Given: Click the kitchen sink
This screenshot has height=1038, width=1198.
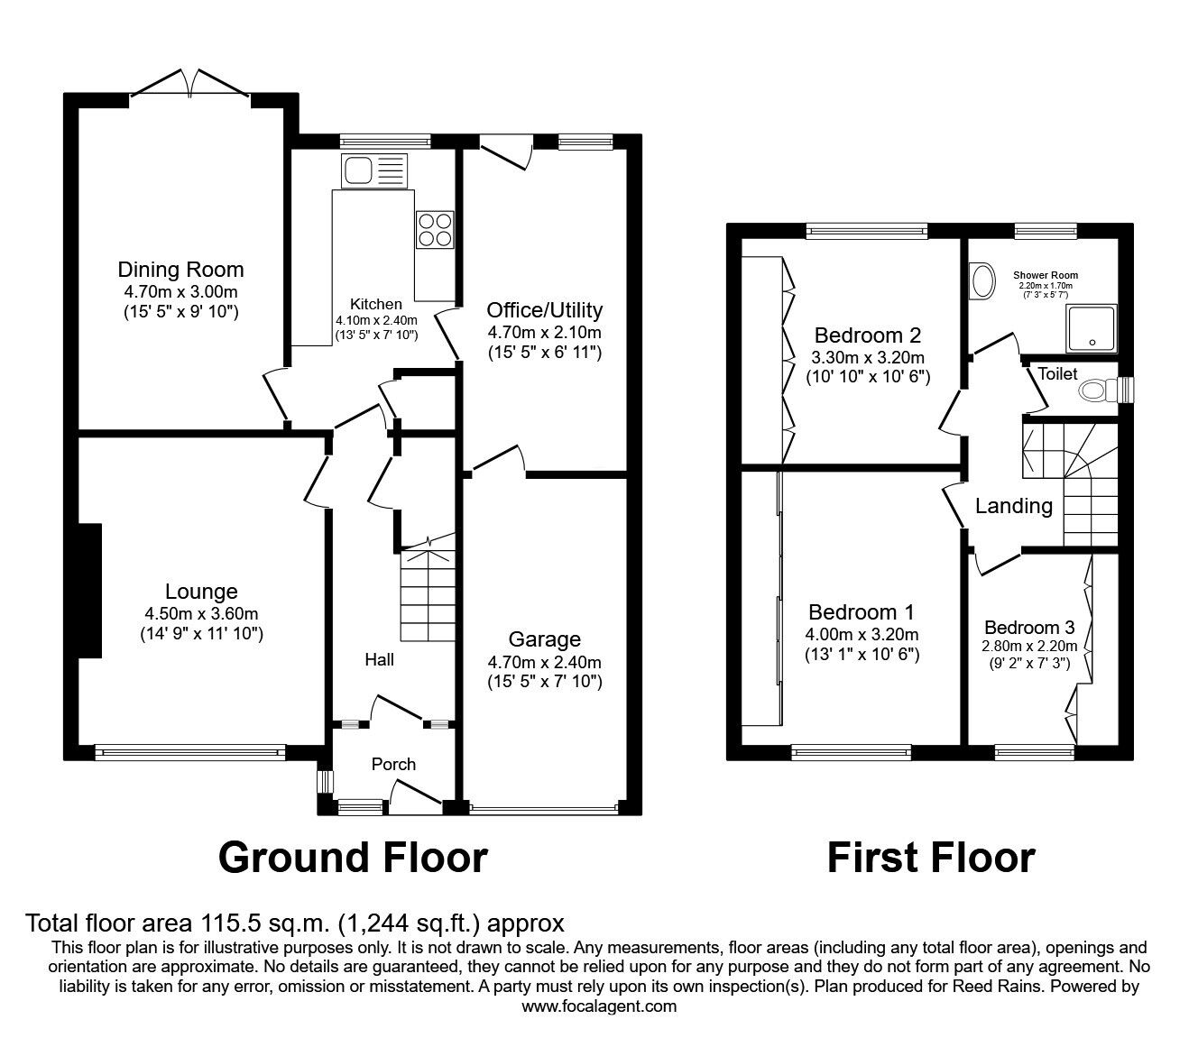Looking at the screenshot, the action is coord(375,170).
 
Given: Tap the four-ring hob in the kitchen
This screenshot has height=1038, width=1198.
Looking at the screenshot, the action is coord(435,230).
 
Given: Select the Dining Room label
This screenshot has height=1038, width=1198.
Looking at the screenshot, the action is coord(180,270).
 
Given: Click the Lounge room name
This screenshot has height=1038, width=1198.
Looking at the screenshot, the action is coord(202,592).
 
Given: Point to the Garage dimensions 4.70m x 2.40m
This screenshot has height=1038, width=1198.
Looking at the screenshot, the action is coord(545,662).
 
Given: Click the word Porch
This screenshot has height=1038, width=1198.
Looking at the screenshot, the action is coord(393,765).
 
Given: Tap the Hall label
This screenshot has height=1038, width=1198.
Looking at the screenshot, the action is coord(380,659).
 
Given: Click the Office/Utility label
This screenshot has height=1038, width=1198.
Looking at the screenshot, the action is coord(545,310).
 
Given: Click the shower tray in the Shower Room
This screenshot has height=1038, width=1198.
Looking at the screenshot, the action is coord(1092,328).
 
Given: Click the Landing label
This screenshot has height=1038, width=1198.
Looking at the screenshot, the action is coord(1014,506).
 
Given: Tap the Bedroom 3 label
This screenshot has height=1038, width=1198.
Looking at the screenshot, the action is coord(1029,627).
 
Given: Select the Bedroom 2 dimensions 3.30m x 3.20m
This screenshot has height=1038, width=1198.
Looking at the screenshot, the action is coord(868,358).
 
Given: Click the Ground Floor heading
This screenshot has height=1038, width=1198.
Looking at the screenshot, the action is coord(353,858).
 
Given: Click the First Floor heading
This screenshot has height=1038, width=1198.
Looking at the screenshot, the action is coord(931,858).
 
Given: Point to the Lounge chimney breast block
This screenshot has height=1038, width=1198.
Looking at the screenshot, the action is coord(90,591).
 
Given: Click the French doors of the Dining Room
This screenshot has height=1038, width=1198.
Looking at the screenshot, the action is coord(190,83).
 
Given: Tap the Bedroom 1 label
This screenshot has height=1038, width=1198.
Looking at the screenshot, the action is coord(862,612).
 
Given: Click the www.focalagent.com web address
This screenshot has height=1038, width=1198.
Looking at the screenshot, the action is coord(599,1006).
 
